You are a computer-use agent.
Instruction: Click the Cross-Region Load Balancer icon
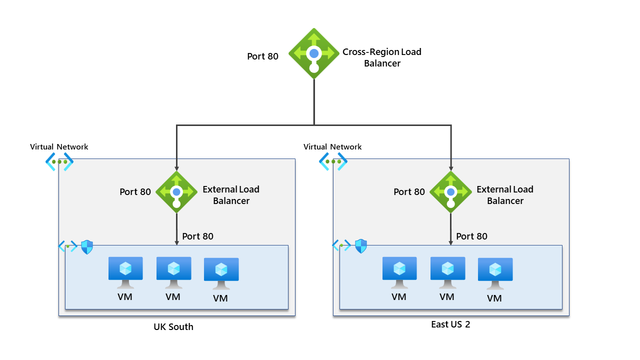point(314,53)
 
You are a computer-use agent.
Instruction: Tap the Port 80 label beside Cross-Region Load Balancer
point(262,56)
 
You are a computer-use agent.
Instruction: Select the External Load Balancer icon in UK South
point(176,192)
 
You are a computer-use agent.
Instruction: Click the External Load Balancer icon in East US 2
point(450,192)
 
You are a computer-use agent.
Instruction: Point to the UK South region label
point(173,327)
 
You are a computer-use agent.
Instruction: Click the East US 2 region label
point(450,324)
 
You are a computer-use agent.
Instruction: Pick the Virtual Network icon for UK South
point(59,161)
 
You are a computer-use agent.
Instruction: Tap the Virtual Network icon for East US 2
point(333,161)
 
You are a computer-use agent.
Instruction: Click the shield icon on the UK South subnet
point(87,246)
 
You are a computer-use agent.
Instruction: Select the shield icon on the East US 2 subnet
point(361,246)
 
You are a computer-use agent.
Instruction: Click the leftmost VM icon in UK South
point(125,272)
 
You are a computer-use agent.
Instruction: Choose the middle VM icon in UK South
point(173,272)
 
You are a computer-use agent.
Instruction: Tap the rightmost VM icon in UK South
point(221,273)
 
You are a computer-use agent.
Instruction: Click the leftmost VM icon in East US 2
point(399,272)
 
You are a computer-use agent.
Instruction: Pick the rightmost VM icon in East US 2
point(495,273)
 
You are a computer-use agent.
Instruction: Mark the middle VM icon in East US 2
point(447,272)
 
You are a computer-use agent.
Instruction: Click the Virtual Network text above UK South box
point(59,147)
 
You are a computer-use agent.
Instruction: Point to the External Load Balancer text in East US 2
point(505,195)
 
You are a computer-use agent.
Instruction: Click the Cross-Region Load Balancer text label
point(382,57)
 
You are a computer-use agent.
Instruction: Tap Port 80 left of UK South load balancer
point(135,192)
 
